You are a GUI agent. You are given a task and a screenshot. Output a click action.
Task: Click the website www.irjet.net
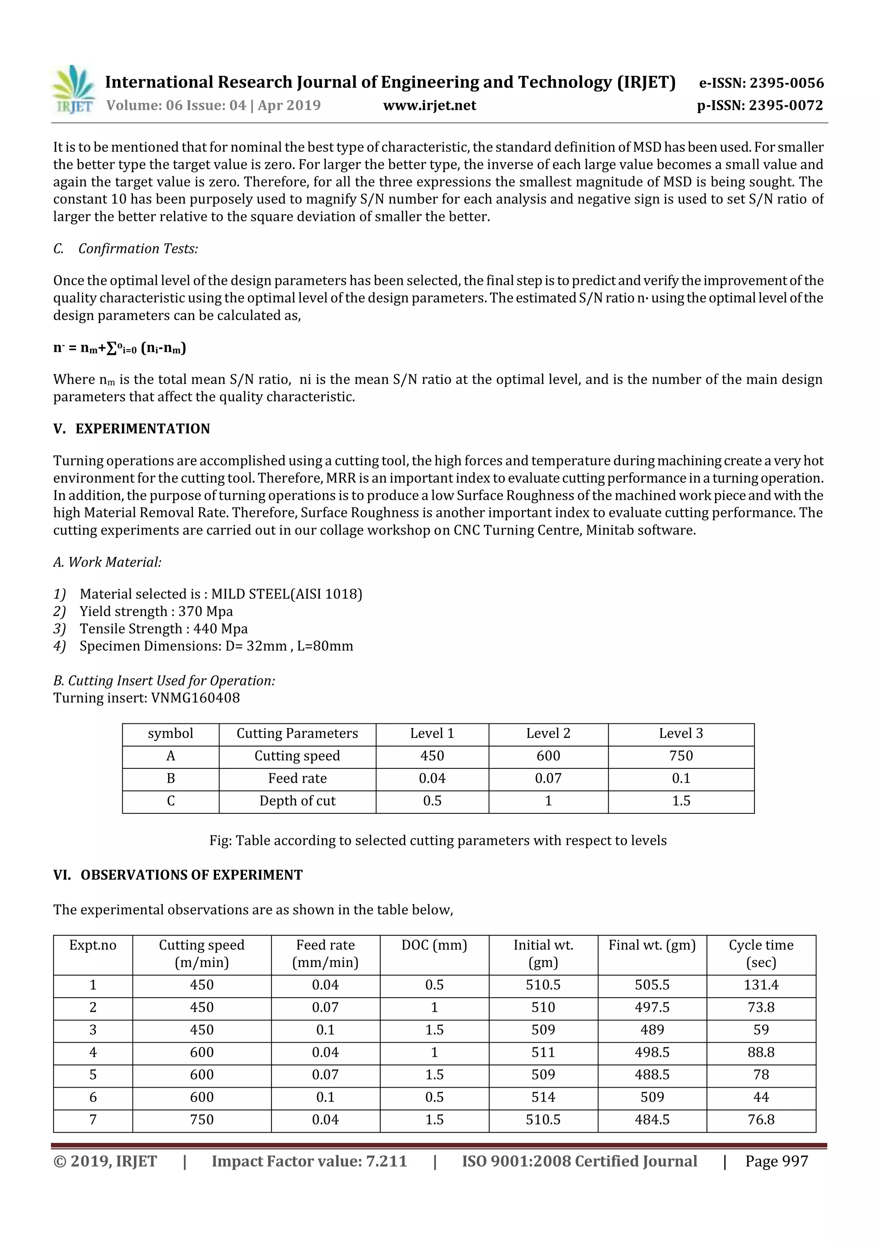(x=430, y=106)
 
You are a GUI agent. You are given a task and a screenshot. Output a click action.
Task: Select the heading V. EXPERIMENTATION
(x=132, y=429)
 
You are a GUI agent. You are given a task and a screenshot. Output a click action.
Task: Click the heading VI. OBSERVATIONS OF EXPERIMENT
(x=178, y=875)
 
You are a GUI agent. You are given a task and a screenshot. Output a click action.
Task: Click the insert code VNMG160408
(x=195, y=697)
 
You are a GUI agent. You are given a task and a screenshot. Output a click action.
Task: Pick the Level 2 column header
(x=548, y=734)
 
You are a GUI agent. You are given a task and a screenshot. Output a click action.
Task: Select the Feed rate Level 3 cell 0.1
(x=680, y=778)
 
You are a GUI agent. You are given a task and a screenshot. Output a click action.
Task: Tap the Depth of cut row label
(x=297, y=801)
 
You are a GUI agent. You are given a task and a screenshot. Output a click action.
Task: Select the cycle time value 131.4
(x=761, y=985)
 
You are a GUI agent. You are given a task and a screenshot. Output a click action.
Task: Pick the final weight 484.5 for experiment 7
(x=652, y=1119)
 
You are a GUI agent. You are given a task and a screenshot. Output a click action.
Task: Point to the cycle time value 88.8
(x=761, y=1052)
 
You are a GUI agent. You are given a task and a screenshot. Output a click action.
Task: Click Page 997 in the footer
(x=776, y=1161)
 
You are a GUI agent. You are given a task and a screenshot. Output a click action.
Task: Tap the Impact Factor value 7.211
(x=309, y=1161)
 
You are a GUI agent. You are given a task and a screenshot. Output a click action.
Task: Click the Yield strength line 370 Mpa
(x=156, y=611)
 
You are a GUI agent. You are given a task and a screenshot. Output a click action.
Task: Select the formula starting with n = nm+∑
(x=120, y=348)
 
